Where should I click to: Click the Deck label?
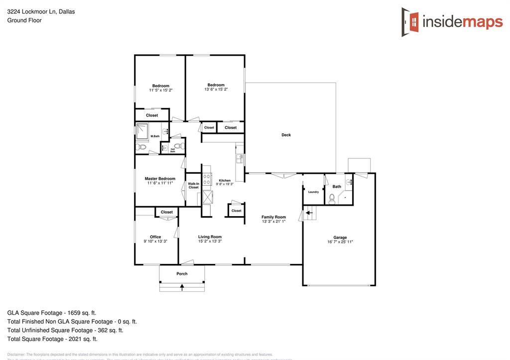286,135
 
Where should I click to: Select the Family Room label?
273,217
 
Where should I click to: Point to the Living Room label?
210,237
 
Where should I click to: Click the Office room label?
155,237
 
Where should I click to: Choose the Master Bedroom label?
160,179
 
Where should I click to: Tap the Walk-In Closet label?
193,186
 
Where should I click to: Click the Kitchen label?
225,180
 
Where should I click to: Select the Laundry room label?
313,192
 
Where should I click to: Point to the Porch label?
182,273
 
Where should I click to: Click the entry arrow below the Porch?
182,287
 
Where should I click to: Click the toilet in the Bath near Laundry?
332,197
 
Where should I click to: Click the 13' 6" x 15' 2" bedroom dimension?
216,90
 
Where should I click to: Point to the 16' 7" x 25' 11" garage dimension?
340,242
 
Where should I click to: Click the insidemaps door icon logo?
410,22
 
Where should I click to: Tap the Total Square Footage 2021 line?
52,339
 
